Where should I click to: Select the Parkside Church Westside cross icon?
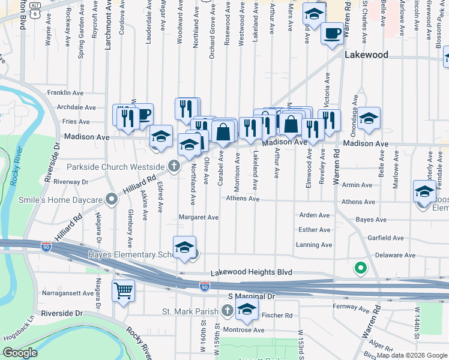[174, 166]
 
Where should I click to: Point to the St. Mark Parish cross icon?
[227, 310]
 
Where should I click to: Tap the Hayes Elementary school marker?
[185, 247]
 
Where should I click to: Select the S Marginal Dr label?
[251, 296]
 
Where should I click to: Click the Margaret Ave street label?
[199, 217]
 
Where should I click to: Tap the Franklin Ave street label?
[65, 93]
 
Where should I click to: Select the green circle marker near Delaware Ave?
[361, 268]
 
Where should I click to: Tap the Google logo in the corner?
[20, 353]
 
